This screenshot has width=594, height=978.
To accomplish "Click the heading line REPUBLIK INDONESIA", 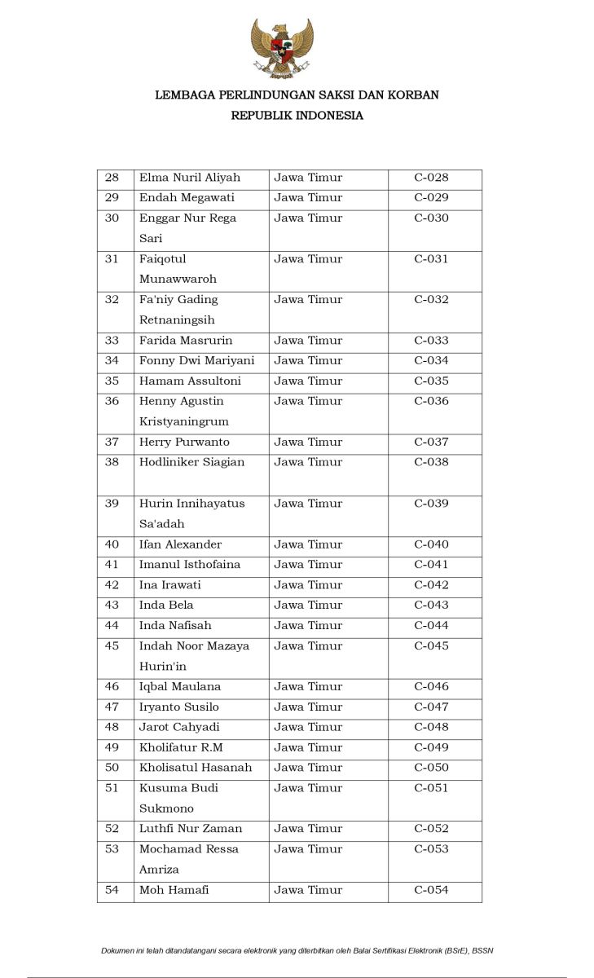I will tap(297, 116).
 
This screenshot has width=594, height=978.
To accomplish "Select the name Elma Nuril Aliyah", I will tap(190, 178).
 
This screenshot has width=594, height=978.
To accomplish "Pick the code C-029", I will tap(431, 198).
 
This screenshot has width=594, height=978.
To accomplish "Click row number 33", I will tap(112, 341).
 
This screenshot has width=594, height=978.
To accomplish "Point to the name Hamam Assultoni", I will tap(190, 381).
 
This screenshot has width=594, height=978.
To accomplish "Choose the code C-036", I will tap(431, 402).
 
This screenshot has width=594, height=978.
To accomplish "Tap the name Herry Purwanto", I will tap(184, 443).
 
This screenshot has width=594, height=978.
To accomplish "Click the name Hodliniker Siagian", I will tap(192, 463).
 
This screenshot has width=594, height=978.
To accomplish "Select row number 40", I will tap(112, 544).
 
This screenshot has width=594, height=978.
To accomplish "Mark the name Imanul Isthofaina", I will tap(190, 565).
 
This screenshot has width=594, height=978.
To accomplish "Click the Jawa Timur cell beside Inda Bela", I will tap(308, 606).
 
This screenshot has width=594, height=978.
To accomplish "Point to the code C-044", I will tap(431, 626).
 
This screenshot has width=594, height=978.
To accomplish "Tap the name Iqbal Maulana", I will tap(180, 687).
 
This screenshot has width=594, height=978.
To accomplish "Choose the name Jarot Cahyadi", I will tap(179, 728).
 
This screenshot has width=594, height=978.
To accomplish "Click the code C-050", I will tap(431, 768).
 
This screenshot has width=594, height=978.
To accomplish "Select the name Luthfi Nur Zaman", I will tap(191, 829).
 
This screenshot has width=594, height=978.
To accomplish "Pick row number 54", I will tap(112, 890).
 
